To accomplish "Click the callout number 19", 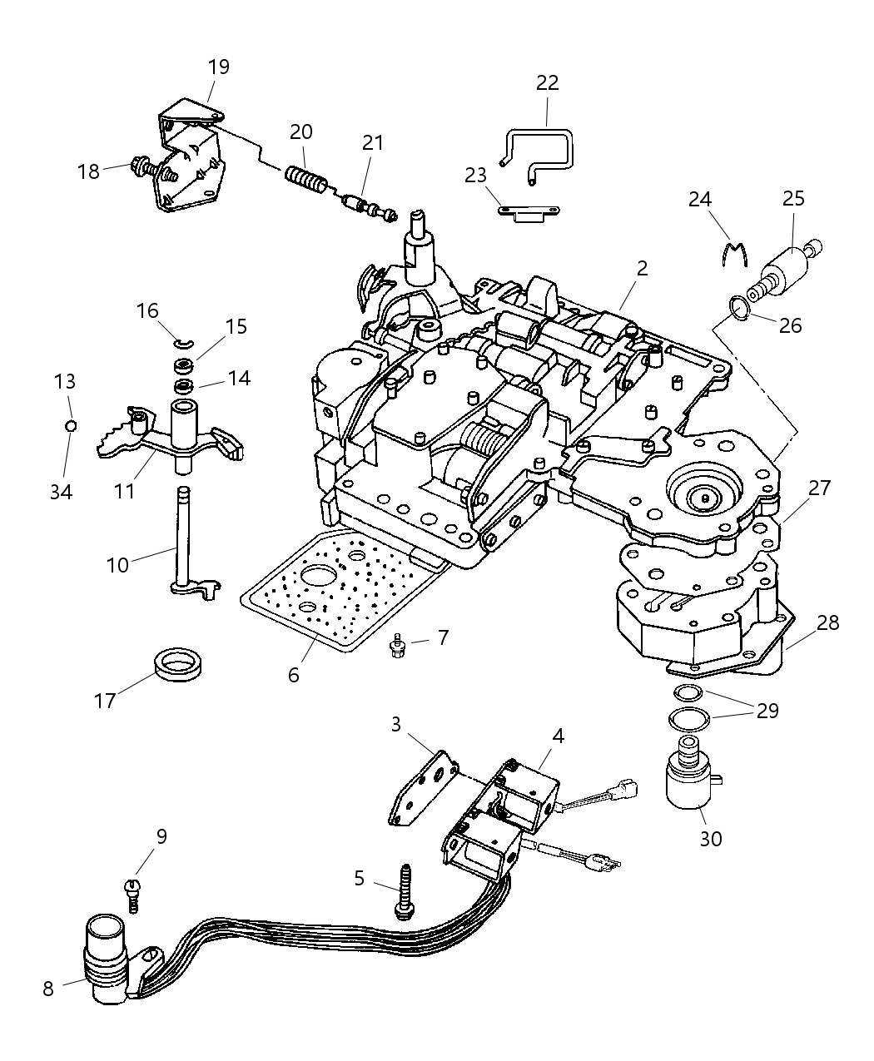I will pos(218,67).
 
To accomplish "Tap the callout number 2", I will pos(641,269).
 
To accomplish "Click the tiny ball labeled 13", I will pos(71,426).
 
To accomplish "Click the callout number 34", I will pos(60,492).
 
